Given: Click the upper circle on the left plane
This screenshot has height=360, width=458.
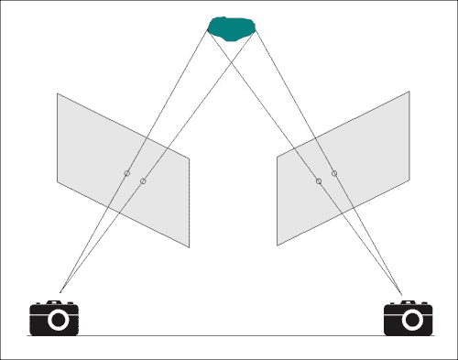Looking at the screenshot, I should [127, 174].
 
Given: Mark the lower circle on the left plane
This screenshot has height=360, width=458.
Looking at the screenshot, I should [144, 182].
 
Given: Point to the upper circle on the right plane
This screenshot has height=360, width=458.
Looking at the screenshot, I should [334, 173].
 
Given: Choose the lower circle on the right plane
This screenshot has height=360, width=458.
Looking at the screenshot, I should [319, 181].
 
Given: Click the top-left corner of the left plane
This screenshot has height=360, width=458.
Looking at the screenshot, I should [58, 93].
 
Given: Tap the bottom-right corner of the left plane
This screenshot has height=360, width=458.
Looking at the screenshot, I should [189, 247].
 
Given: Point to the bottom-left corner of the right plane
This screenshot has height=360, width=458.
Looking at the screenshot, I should [278, 245].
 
